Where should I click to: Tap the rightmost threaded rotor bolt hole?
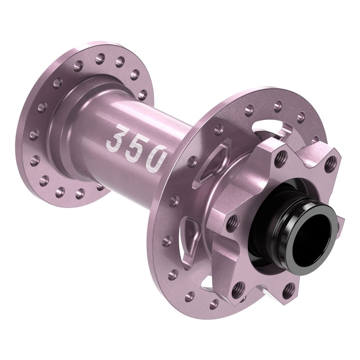point(332,162)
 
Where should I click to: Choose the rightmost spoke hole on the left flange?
point(142,95)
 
